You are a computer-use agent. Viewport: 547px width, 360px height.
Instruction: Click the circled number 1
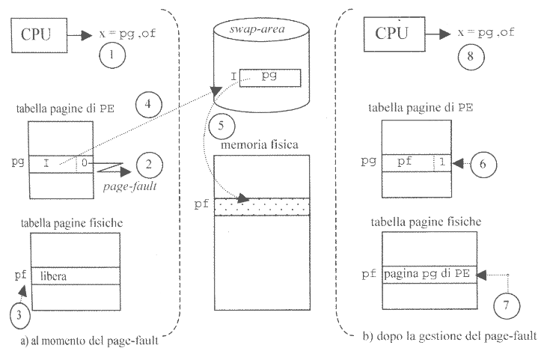(x=111, y=55)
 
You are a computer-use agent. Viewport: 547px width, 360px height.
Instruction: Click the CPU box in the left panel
(x=37, y=34)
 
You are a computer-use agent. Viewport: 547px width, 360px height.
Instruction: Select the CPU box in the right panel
(x=392, y=34)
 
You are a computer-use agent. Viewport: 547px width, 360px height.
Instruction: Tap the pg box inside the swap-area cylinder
(x=270, y=78)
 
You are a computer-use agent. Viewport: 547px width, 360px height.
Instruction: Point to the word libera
(x=55, y=276)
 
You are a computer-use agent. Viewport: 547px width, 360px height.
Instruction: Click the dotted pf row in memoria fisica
(x=261, y=205)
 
